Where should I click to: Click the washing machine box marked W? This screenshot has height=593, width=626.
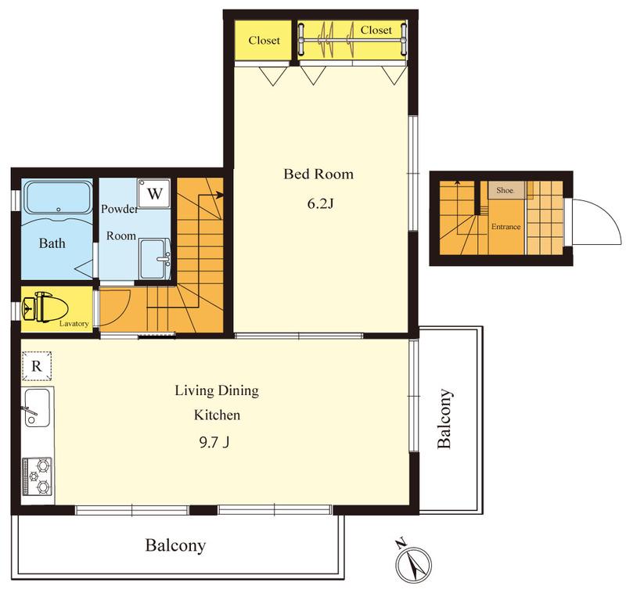154,193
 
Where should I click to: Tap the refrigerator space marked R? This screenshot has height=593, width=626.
36,366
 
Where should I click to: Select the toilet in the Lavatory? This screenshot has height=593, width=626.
45,307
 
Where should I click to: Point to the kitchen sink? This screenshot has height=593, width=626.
38,408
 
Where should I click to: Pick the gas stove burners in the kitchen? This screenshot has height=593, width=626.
38,476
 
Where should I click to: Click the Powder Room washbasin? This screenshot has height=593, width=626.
155,259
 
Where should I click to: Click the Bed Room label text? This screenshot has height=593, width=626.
318,174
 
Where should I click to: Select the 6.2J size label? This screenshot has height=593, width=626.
320,204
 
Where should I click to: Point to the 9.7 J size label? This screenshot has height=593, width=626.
214,442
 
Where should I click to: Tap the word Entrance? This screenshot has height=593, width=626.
505,227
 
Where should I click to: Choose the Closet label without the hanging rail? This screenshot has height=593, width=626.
264,41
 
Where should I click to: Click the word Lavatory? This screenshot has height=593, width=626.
74,324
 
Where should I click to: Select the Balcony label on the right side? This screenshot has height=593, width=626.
444,419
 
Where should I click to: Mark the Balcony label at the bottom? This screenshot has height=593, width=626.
175,545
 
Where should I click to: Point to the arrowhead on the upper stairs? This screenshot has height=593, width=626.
219,195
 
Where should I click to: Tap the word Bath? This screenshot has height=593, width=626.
52,243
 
